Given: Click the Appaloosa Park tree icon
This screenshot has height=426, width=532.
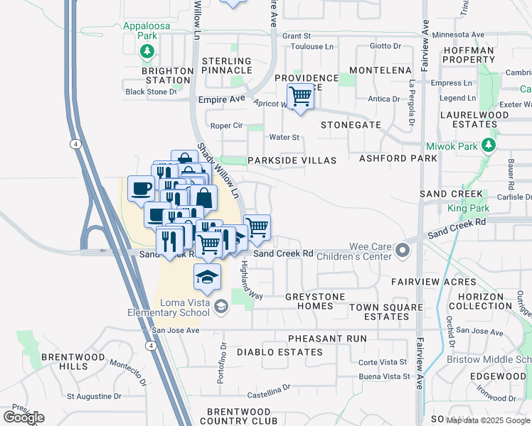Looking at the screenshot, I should click(x=147, y=51).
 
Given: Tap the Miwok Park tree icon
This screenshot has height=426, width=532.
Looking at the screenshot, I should click(x=488, y=146).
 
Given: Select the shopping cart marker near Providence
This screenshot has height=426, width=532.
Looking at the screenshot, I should click(x=300, y=95).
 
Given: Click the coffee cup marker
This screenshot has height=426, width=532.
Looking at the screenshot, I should click(x=141, y=188).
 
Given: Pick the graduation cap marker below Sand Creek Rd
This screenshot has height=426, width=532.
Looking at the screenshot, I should click(x=207, y=276).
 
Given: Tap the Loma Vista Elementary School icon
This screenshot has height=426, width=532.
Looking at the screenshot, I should click(x=221, y=306).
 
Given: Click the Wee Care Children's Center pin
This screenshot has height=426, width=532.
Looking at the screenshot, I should click(x=403, y=250).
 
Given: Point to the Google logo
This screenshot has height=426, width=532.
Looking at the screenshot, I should click(x=23, y=417).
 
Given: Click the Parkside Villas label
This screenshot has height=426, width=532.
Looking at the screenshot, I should click(x=292, y=160).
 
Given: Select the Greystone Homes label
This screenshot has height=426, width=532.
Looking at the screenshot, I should click(x=314, y=301).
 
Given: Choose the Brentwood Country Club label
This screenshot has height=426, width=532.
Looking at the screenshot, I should click(x=239, y=416).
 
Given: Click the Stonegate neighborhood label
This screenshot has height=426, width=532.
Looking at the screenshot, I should click(x=351, y=124).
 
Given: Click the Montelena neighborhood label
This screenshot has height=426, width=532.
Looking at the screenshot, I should click(x=381, y=70).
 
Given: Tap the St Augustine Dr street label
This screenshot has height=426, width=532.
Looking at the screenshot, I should click(x=95, y=396).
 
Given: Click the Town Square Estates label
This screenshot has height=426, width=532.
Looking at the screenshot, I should click(x=379, y=311).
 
